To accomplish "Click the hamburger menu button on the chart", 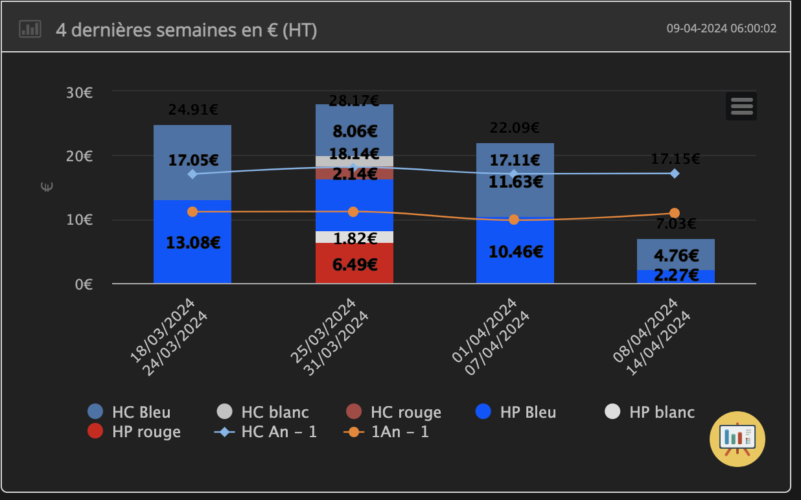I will pyautogui.click(x=741, y=106).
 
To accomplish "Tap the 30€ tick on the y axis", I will pyautogui.click(x=79, y=93).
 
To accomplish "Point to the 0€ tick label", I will pyautogui.click(x=84, y=284).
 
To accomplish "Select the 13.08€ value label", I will pyautogui.click(x=194, y=244).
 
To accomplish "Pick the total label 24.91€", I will pyautogui.click(x=192, y=109).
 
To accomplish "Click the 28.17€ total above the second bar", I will pyautogui.click(x=354, y=100).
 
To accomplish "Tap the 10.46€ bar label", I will pyautogui.click(x=516, y=252).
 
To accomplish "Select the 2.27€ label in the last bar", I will pyautogui.click(x=676, y=275).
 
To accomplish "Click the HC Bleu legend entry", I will pyautogui.click(x=130, y=412).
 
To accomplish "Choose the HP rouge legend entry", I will pyautogui.click(x=135, y=431).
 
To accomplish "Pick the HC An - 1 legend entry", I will pyautogui.click(x=266, y=431).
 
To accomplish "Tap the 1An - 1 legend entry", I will pyautogui.click(x=386, y=431).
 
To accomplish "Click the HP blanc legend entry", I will pyautogui.click(x=649, y=412).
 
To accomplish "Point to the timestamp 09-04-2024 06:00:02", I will pyautogui.click(x=721, y=28).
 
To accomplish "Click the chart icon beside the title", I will pyautogui.click(x=30, y=29).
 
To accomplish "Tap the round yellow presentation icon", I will pyautogui.click(x=737, y=438).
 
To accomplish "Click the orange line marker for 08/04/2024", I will pyautogui.click(x=675, y=213).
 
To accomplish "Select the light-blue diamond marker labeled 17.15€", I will pyautogui.click(x=675, y=174).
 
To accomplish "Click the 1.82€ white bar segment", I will pyautogui.click(x=354, y=237).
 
